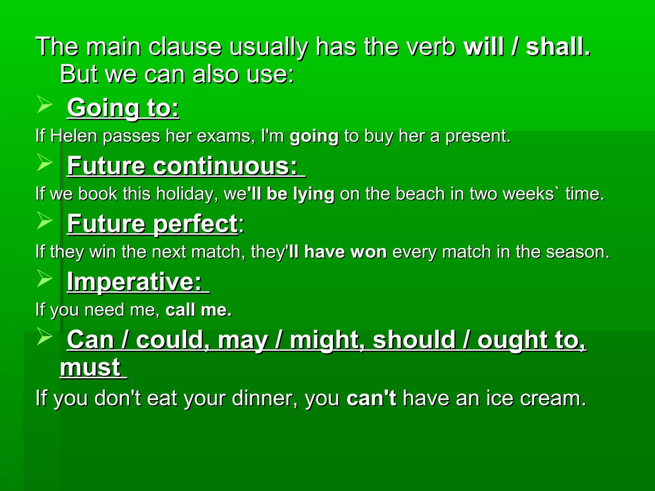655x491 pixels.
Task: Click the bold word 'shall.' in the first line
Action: point(558,47)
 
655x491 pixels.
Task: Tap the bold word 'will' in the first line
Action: point(484,47)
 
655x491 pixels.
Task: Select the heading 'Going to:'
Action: point(123,108)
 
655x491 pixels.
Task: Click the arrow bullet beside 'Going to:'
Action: point(44,105)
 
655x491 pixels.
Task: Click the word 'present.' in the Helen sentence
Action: point(478,136)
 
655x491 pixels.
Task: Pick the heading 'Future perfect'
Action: point(152,224)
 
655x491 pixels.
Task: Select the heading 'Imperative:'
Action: point(134,282)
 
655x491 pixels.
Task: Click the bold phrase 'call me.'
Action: point(198,310)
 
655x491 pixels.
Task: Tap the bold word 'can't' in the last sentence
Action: point(371,398)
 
